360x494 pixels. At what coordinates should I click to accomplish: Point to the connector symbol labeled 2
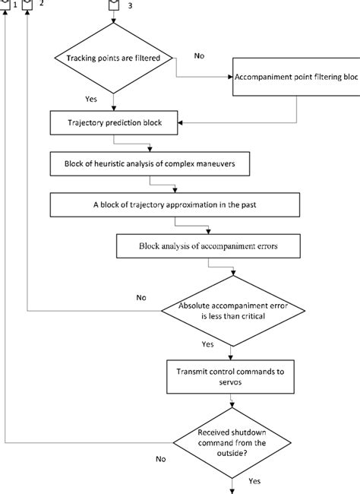28,5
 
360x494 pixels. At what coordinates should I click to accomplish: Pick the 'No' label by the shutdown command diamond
160,459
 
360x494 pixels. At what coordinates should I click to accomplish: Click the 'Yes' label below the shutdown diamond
254,481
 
